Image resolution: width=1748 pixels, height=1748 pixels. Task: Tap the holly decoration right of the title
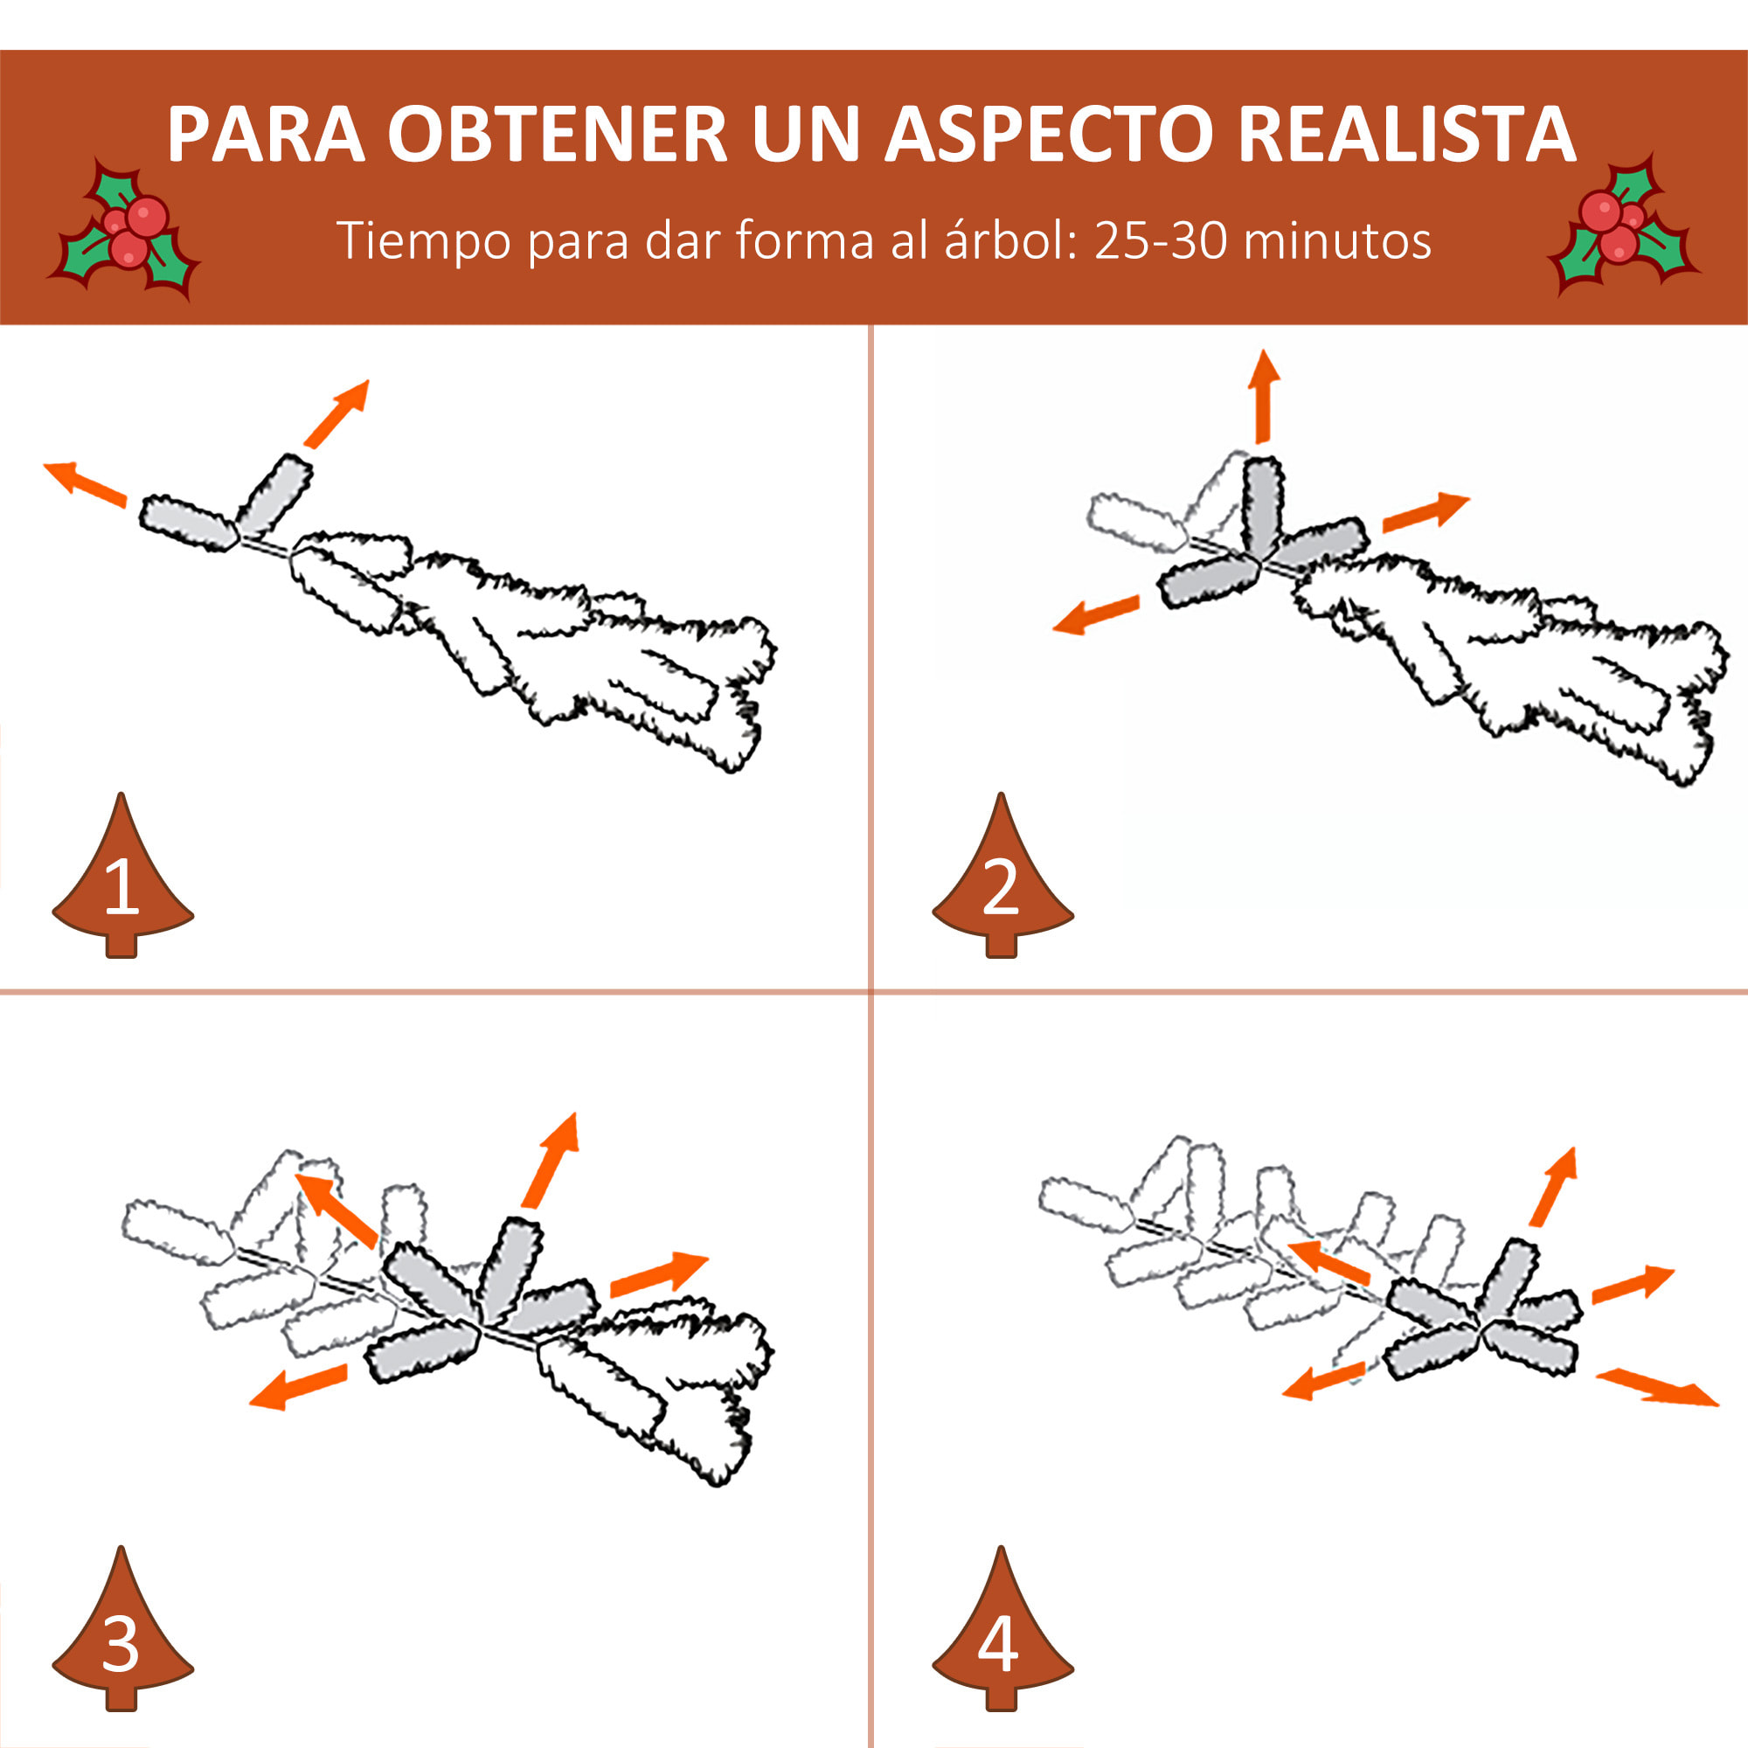click(x=1622, y=226)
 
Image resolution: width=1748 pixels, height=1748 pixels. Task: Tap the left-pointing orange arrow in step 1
click(x=85, y=483)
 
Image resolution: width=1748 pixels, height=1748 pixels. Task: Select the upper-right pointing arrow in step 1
click(x=337, y=413)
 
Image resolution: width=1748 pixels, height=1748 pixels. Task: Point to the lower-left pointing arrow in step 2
click(x=1096, y=614)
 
